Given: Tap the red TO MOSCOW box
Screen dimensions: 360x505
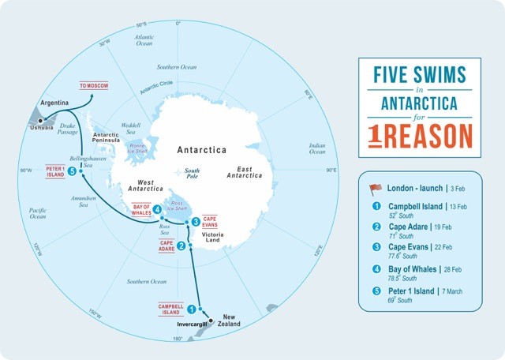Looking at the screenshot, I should tap(93, 84).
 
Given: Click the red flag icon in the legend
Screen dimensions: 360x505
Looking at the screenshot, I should tap(376, 189).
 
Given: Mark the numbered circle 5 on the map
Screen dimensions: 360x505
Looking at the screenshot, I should tap(72, 171).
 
